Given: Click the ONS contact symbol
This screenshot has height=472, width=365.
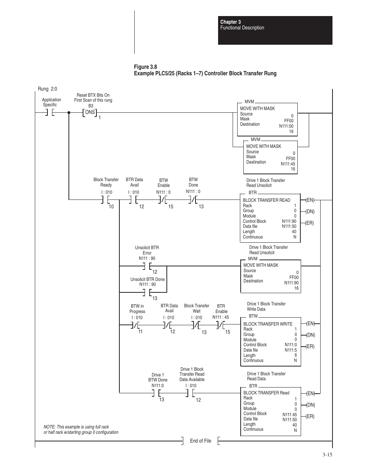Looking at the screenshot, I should coord(90,112).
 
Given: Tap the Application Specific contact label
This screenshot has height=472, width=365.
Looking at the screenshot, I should coord(51,102).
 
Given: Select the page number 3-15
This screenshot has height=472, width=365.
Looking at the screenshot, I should coord(327,454).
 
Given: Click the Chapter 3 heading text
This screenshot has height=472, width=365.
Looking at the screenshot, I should coord(230,22).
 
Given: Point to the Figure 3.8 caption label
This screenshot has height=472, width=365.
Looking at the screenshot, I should coord(145,67).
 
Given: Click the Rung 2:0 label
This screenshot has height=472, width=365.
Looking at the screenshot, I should coord(47,89).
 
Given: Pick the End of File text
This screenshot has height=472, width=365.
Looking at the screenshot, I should coord(200,441).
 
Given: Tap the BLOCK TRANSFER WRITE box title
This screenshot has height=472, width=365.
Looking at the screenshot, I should coord(268,324).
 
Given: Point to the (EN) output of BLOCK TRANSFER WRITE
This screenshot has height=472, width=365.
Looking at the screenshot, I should coord(310,323).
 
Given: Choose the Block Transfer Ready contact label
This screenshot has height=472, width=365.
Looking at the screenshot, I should coord(106,182).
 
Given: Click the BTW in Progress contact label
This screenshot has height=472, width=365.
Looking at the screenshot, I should coord(137,309).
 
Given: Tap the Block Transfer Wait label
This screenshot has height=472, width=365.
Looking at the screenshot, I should coord(197,308).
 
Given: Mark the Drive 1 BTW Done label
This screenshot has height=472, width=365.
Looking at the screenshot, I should coord(158,377).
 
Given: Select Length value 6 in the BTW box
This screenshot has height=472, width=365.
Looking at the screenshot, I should coord(295,355).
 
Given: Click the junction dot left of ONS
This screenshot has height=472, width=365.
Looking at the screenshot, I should coord(69,112).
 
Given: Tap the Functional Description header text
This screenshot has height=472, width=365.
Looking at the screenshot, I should coord(242,28).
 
